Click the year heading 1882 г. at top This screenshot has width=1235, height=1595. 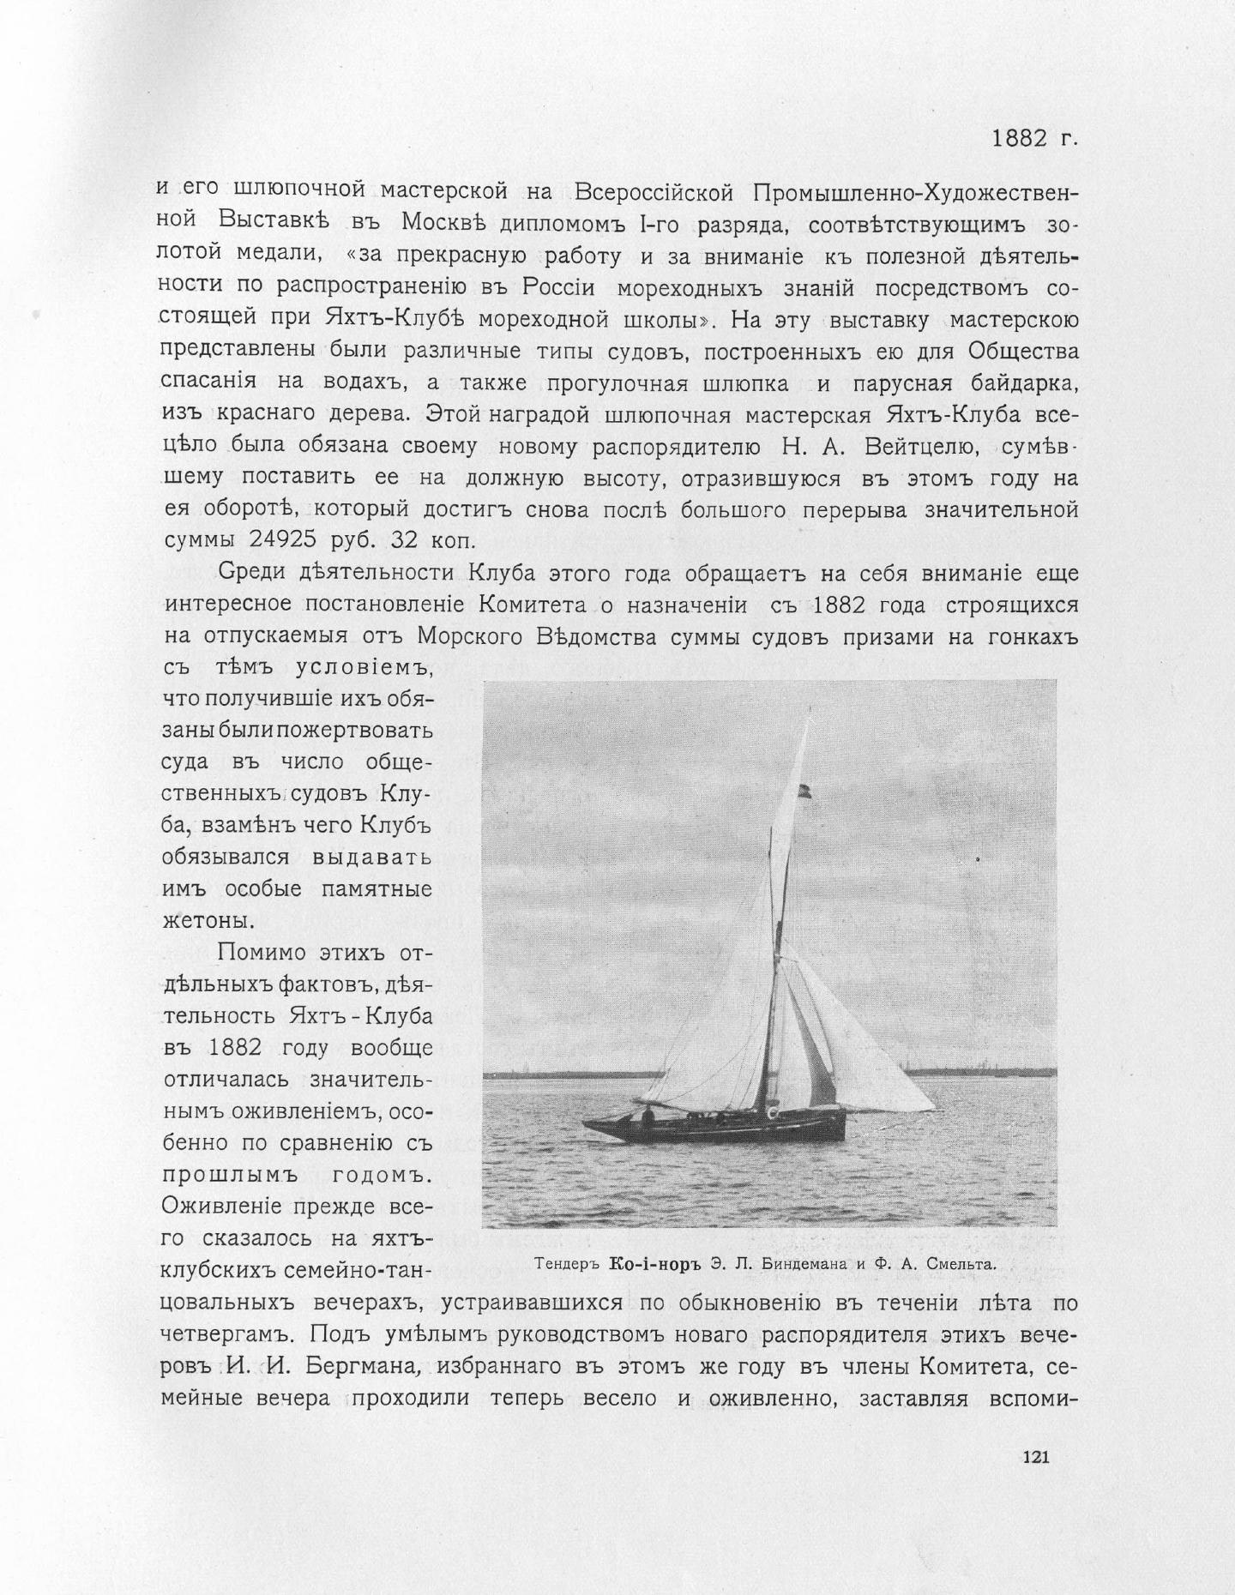click(1033, 139)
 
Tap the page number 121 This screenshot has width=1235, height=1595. click(1035, 1455)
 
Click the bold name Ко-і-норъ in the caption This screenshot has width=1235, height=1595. click(654, 1263)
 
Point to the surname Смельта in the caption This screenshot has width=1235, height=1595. click(957, 1263)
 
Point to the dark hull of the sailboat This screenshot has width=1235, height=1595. click(712, 1124)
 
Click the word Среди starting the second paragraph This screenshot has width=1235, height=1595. click(256, 572)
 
